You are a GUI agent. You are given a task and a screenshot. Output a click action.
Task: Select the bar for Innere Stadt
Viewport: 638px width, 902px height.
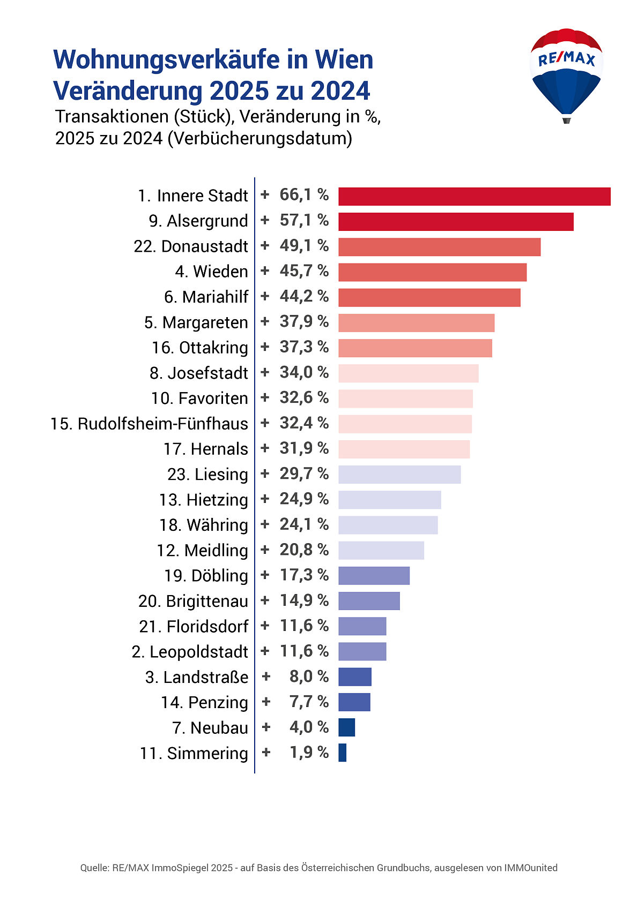tap(474, 196)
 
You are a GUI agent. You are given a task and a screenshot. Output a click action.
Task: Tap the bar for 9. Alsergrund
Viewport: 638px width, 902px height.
tap(456, 221)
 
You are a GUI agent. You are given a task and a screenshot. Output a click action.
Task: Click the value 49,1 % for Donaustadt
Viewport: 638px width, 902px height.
tap(304, 246)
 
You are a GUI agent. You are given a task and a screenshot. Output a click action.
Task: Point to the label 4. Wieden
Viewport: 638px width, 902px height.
tap(211, 272)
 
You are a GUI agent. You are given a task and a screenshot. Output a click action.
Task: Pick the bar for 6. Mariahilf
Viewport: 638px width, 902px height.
tap(429, 297)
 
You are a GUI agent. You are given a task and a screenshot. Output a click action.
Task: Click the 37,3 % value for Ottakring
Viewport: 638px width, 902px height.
tap(304, 347)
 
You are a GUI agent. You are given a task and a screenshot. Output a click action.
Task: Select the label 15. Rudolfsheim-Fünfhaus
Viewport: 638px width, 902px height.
tap(149, 424)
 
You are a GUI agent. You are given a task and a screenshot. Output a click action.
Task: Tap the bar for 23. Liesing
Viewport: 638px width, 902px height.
tap(399, 475)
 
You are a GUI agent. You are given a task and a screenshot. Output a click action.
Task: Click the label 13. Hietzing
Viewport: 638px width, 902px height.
tap(203, 500)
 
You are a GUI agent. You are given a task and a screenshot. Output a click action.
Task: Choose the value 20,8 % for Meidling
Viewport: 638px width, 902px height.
tap(304, 550)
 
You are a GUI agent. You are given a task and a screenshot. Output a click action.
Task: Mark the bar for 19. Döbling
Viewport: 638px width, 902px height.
tap(374, 576)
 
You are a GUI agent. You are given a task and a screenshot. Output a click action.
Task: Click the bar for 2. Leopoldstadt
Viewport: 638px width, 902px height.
tap(362, 651)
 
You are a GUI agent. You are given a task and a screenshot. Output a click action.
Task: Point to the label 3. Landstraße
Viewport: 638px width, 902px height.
tap(197, 677)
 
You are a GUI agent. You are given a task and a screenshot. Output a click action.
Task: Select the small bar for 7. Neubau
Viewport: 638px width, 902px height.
tap(346, 727)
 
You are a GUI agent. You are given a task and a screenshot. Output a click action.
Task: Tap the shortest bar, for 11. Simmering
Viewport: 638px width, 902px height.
tap(342, 753)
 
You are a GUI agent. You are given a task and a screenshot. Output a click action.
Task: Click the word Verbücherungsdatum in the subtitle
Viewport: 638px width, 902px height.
tap(259, 138)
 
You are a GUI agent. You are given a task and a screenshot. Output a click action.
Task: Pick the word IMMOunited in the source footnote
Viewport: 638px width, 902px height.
tap(530, 868)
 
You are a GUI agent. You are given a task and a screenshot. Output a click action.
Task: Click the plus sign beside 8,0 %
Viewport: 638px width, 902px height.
tap(266, 676)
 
